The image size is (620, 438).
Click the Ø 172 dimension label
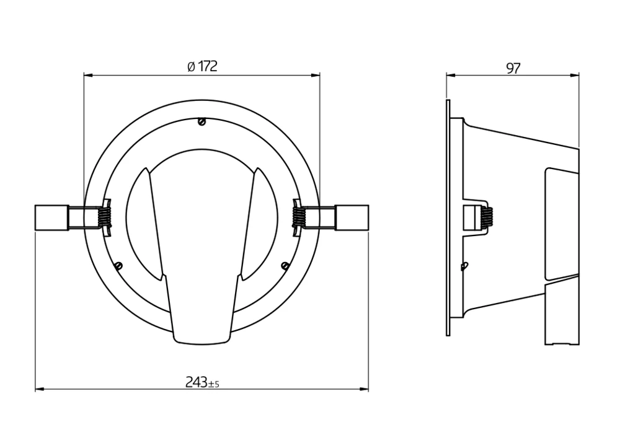(x=202, y=67)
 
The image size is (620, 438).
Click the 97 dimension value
(x=513, y=68)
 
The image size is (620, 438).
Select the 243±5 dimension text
(x=202, y=383)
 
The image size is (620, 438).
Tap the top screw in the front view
(x=201, y=122)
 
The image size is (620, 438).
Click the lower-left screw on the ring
(x=118, y=266)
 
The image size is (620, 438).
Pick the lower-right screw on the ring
(x=285, y=266)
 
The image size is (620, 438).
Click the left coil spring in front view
(x=104, y=217)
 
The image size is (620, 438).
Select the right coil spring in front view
(x=300, y=217)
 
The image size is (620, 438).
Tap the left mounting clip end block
(x=51, y=217)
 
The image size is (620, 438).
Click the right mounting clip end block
(x=352, y=217)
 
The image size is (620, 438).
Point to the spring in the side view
(x=488, y=217)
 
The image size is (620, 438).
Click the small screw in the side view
(x=464, y=266)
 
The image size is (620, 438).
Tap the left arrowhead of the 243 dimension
(x=39, y=390)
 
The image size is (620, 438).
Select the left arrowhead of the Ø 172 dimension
(x=87, y=75)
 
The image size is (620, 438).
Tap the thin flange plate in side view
(x=448, y=217)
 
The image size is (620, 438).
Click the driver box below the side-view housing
(x=562, y=313)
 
